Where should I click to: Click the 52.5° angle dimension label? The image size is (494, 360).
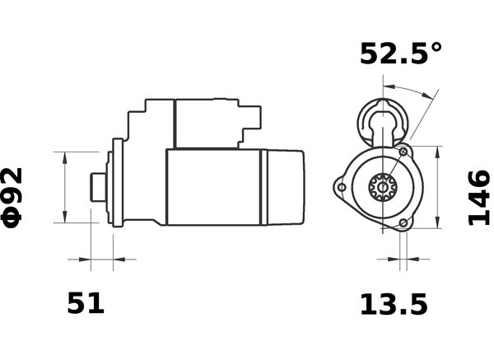pyautogui.click(x=401, y=54)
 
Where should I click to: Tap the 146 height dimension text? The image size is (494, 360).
pyautogui.click(x=479, y=198)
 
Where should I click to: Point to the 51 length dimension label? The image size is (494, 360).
pyautogui.click(x=86, y=303)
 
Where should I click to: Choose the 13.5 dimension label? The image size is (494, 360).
pyautogui.click(x=394, y=304)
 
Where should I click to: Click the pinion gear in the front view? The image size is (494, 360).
pyautogui.click(x=383, y=187)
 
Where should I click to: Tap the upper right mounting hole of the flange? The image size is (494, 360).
pyautogui.click(x=403, y=152)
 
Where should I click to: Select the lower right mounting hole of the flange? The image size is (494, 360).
pyautogui.click(x=403, y=223)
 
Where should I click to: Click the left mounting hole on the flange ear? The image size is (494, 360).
pyautogui.click(x=342, y=187)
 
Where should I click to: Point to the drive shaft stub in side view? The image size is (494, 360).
pyautogui.click(x=98, y=187)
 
